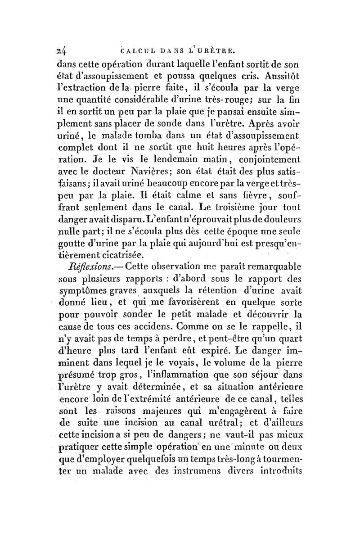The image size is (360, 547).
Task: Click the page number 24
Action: [67, 50]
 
